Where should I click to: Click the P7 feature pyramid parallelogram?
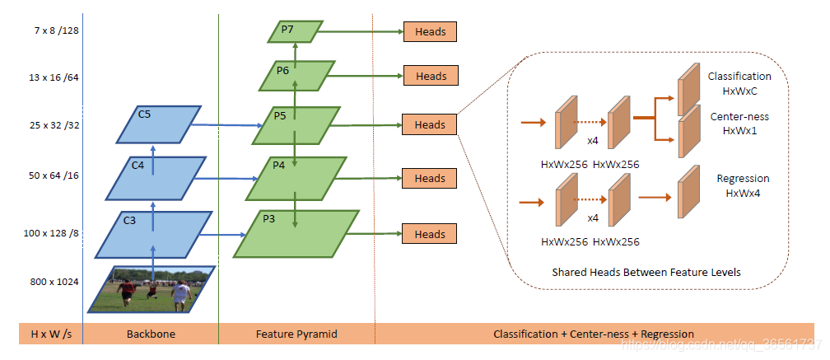pyautogui.click(x=294, y=32)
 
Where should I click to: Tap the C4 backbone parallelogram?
pyautogui.click(x=153, y=177)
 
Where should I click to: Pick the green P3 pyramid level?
pyautogui.click(x=297, y=234)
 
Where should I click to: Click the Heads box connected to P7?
pyautogui.click(x=430, y=32)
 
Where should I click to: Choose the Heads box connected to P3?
pyautogui.click(x=430, y=234)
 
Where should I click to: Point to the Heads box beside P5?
pyautogui.click(x=430, y=125)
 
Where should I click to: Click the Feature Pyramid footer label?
pyautogui.click(x=296, y=334)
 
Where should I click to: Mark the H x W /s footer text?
pyautogui.click(x=50, y=334)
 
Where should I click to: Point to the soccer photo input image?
pyautogui.click(x=152, y=289)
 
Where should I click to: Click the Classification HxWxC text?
pyautogui.click(x=739, y=82)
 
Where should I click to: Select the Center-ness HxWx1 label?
pyautogui.click(x=739, y=124)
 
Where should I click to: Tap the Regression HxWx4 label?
pyautogui.click(x=743, y=185)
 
